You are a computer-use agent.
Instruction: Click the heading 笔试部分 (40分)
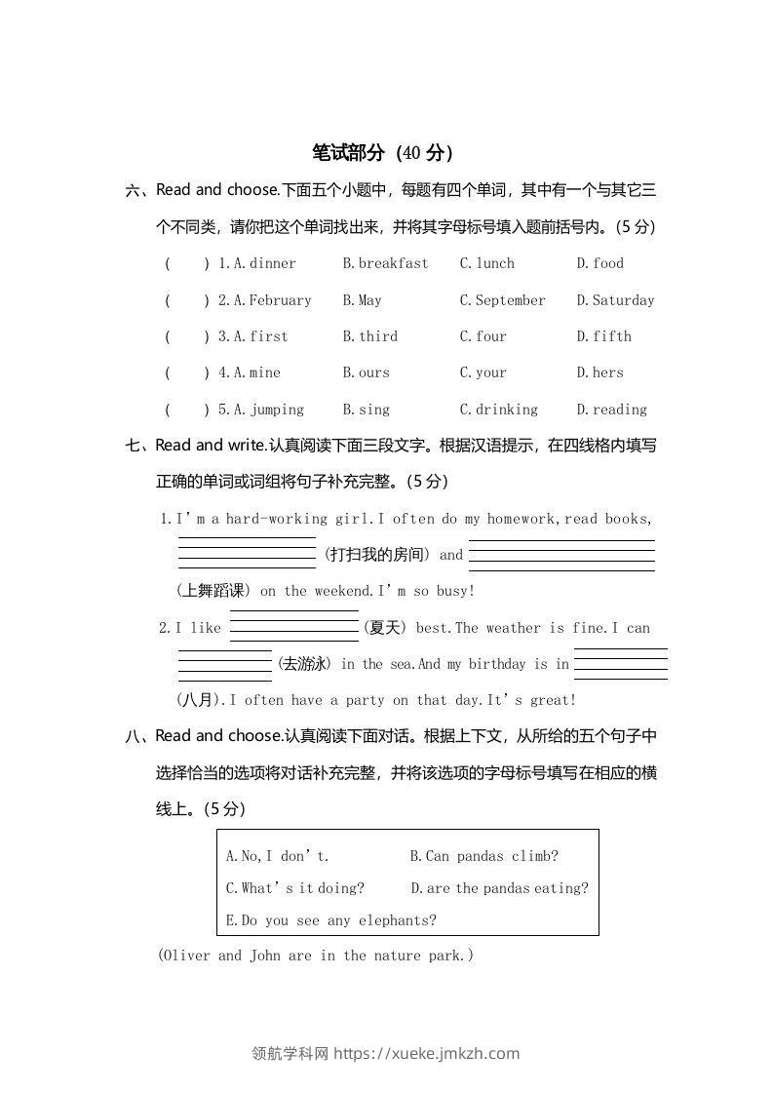(x=382, y=153)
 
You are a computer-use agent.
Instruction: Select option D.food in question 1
(x=599, y=263)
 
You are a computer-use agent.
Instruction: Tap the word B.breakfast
(x=385, y=263)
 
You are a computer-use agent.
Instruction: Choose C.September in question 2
(x=502, y=300)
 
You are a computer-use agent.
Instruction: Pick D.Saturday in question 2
(x=615, y=300)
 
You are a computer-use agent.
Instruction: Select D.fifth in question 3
(x=603, y=336)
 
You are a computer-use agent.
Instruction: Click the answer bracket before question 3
(x=186, y=336)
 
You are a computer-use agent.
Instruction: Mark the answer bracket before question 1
(x=186, y=263)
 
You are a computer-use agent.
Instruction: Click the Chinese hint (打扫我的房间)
(x=376, y=555)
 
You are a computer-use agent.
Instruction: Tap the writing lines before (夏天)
(x=293, y=626)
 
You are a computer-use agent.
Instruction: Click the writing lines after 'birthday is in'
(x=620, y=663)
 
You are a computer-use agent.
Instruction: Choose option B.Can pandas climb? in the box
(x=483, y=857)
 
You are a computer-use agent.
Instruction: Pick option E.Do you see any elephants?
(x=330, y=920)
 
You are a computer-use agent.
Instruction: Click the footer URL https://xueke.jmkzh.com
(x=426, y=1053)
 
